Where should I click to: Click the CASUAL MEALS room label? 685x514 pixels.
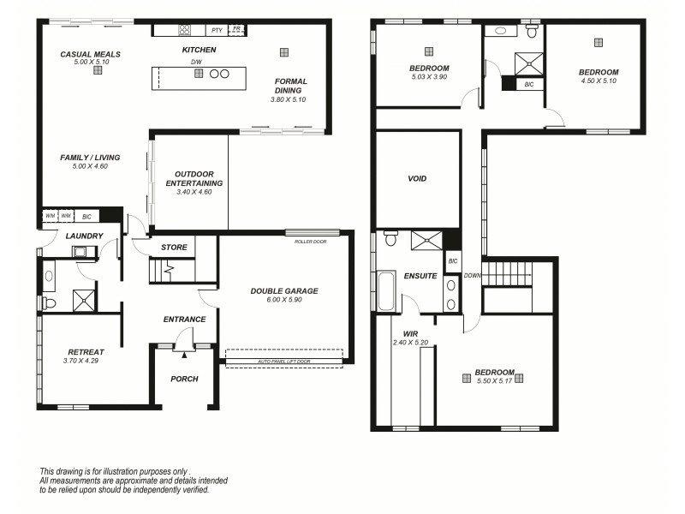(90, 54)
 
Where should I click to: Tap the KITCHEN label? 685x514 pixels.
(199, 51)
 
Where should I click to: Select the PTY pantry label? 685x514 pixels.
(217, 30)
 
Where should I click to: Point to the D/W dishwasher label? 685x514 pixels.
(196, 63)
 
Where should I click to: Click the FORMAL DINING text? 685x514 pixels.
(290, 87)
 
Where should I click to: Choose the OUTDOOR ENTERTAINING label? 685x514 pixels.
(194, 177)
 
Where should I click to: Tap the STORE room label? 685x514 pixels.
(174, 248)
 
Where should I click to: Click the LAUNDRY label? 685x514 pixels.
(84, 236)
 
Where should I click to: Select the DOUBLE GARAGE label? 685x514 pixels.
(283, 291)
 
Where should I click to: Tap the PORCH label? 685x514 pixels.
(184, 379)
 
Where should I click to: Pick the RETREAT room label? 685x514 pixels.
(86, 352)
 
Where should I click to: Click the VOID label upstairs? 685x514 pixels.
(417, 179)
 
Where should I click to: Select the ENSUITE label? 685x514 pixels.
(420, 276)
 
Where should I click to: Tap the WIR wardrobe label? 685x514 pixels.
(409, 334)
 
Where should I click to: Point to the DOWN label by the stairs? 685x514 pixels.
(472, 276)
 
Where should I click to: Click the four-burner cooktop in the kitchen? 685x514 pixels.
(185, 30)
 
